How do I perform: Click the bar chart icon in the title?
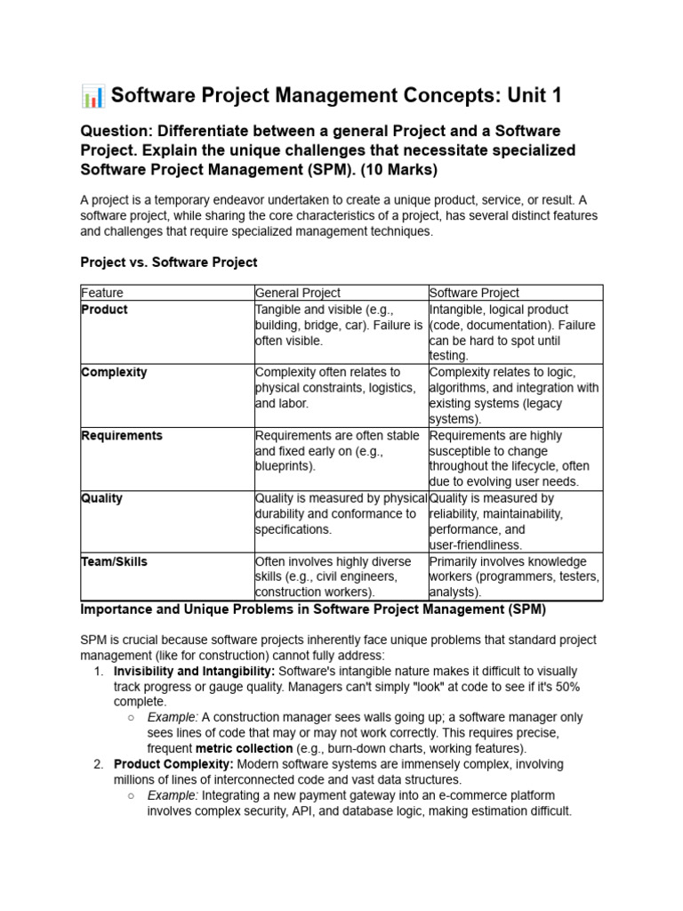(x=92, y=95)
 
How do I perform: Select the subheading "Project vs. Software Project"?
(x=168, y=262)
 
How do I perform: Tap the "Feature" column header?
(x=102, y=293)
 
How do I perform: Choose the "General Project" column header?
(x=298, y=293)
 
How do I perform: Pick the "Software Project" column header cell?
(x=474, y=293)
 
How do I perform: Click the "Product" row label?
(x=104, y=310)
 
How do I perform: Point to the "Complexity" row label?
(x=114, y=372)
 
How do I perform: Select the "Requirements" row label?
(x=122, y=435)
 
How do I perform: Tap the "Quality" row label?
(x=101, y=498)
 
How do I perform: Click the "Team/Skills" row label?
(x=114, y=561)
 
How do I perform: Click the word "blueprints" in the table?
(x=284, y=466)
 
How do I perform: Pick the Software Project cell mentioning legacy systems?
(x=515, y=395)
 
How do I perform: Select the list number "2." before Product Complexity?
(x=99, y=764)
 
